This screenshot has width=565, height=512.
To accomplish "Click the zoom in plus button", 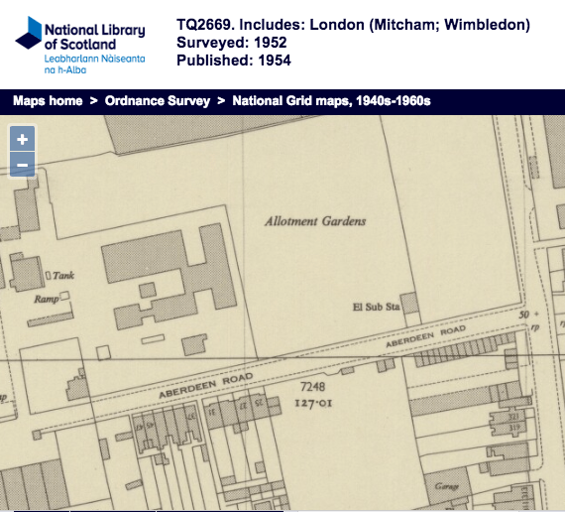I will pos(23,139).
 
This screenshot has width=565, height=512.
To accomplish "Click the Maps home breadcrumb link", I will pos(48,101).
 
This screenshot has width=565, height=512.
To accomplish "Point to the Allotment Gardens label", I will pos(315,221).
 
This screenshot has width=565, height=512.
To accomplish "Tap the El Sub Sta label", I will pos(376,308).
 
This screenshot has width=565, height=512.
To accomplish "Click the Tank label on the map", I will pos(63,277).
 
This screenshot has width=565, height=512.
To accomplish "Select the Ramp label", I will pos(47,298).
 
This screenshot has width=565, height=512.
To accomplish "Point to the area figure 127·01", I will pos(311,402).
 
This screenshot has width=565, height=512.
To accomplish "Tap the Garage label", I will pos(441,486).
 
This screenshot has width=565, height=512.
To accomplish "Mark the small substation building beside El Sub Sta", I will pos(410,303).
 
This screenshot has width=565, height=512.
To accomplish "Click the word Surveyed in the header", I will pos(209,43).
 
